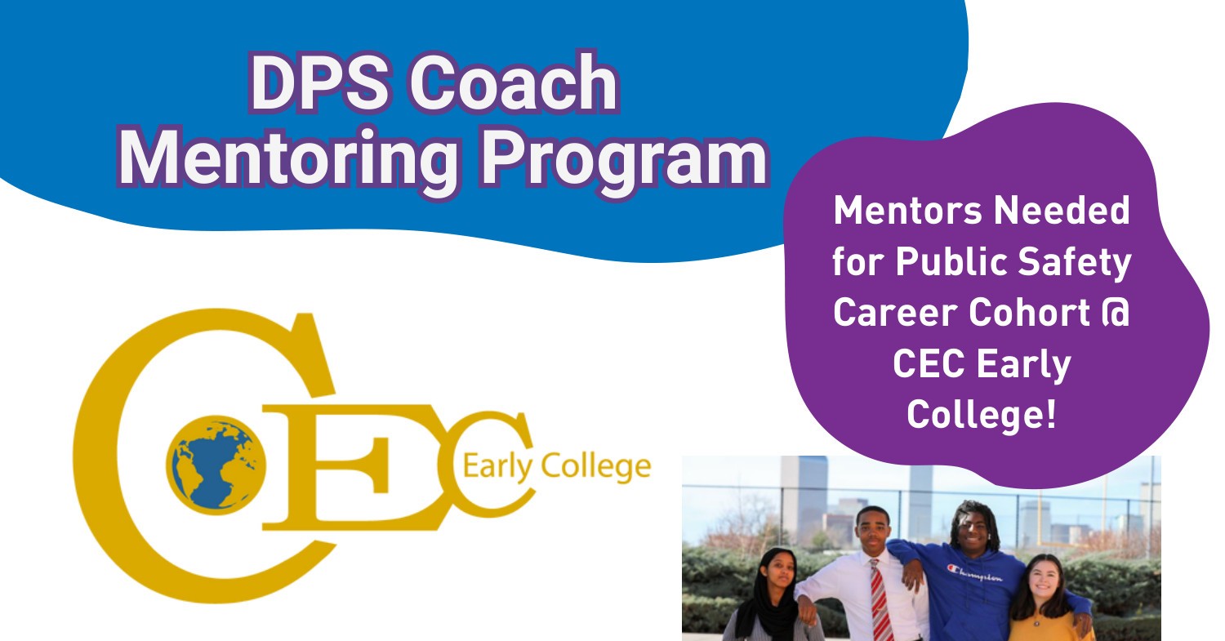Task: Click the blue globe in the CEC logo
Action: click(217, 462)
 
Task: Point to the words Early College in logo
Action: click(556, 468)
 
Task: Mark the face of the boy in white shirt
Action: click(873, 532)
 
